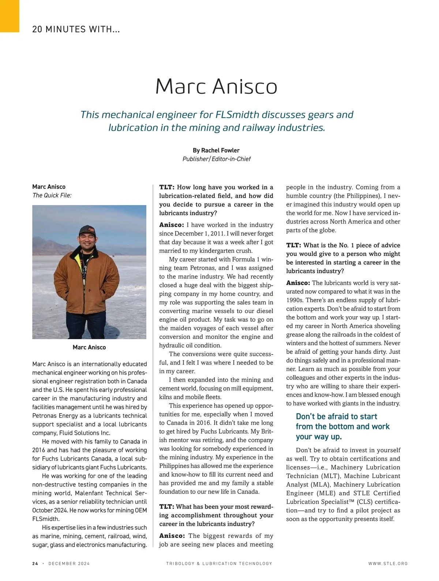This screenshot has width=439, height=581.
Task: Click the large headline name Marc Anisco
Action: click(216, 86)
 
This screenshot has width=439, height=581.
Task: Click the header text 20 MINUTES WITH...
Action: click(76, 29)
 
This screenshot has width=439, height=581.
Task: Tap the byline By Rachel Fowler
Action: click(216, 150)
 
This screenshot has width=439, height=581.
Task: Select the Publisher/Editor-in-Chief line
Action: click(216, 159)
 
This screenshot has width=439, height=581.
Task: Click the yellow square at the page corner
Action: click(9, 16)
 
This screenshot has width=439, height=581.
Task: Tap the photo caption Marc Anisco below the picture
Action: click(89, 347)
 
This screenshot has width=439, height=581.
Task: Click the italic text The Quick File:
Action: click(52, 195)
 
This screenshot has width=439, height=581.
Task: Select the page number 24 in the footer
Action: click(35, 563)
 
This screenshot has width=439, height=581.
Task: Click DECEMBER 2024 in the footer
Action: click(69, 563)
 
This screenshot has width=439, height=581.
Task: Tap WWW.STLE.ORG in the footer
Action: click(388, 563)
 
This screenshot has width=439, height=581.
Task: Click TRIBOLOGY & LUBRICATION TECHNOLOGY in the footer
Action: click(219, 563)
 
